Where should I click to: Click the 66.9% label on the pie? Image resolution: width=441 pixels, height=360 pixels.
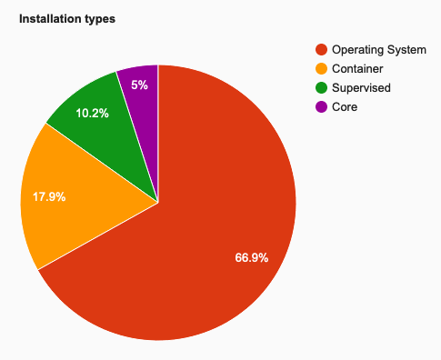(x=252, y=258)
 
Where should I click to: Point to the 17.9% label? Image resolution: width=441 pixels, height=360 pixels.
(x=48, y=195)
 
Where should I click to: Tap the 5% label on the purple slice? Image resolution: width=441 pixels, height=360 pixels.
(x=138, y=85)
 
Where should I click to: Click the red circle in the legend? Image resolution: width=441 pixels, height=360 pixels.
(x=320, y=49)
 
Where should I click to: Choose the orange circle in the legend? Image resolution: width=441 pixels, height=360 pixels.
(x=320, y=68)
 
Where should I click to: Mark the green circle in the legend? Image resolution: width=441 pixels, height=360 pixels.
(x=320, y=87)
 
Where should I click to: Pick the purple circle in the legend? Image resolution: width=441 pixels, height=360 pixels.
(x=320, y=106)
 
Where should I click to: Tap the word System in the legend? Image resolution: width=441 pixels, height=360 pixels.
(x=406, y=49)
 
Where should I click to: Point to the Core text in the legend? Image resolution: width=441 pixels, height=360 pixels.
(x=346, y=106)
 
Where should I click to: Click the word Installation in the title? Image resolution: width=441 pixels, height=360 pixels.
(x=51, y=18)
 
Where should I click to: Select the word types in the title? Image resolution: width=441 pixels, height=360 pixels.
(x=100, y=18)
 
